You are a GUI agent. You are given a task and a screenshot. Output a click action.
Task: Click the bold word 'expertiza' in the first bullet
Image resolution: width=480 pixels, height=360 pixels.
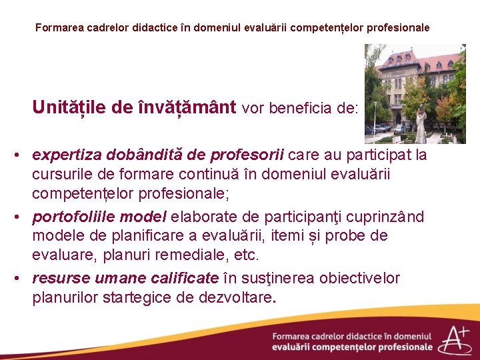(x=65, y=155)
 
